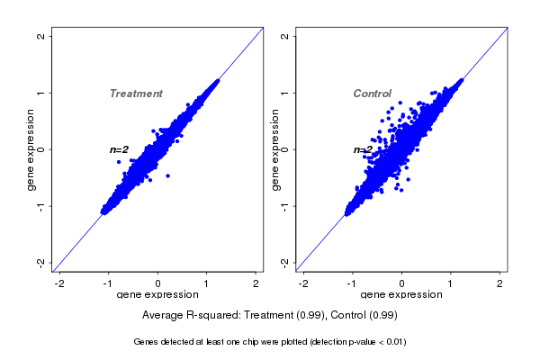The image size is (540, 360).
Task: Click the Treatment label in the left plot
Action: [x=136, y=94]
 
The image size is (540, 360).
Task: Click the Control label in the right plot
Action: [x=373, y=94]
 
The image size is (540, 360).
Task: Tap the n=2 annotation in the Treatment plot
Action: [x=120, y=149]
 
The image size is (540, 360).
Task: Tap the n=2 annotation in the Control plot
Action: [x=363, y=149]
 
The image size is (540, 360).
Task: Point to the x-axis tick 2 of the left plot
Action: [x=256, y=283]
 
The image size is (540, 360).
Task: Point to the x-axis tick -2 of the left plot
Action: [x=60, y=283]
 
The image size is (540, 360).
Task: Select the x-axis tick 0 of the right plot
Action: [x=402, y=283]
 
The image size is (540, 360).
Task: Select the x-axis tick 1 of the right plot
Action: [x=451, y=283]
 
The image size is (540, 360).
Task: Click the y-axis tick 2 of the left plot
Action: [x=40, y=36]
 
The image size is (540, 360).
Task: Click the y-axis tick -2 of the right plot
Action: [x=284, y=262]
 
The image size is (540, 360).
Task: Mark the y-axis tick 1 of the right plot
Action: [x=284, y=93]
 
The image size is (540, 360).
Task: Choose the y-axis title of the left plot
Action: [x=31, y=149]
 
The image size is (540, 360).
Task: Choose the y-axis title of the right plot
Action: [x=274, y=149]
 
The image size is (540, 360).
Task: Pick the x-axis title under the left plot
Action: [x=158, y=294]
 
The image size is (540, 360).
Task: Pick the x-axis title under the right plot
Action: [x=401, y=294]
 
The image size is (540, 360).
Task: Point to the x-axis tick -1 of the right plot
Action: [x=353, y=283]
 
